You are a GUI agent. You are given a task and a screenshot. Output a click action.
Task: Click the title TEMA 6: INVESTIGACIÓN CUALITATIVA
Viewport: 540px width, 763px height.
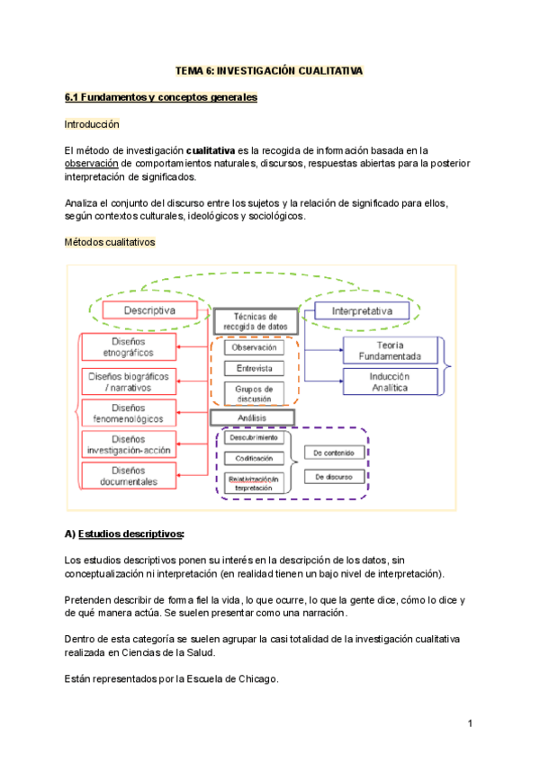pos(269,71)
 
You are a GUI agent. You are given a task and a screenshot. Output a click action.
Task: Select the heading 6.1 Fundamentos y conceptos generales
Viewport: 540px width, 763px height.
pos(161,97)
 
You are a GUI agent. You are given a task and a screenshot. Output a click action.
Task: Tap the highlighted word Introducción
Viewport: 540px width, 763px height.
pos(92,123)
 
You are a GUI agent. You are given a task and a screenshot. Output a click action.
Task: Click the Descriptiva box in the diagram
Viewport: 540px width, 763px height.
pos(149,310)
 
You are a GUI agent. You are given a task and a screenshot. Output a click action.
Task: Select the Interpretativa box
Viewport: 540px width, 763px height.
pos(361,310)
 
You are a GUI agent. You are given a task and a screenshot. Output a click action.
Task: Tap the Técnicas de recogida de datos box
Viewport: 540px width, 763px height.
pos(254,321)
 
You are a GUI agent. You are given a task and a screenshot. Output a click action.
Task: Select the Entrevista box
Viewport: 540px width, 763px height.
pos(254,368)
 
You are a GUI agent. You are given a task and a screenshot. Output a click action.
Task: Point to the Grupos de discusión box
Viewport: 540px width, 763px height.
pos(254,393)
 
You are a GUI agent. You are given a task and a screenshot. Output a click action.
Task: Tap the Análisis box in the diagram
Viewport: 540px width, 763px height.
pos(254,417)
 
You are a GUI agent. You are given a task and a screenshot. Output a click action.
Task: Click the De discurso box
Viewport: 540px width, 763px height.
pos(332,476)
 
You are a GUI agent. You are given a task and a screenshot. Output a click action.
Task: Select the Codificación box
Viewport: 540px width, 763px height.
pos(255,458)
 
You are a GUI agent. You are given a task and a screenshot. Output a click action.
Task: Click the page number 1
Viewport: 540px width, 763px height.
pos(471,723)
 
